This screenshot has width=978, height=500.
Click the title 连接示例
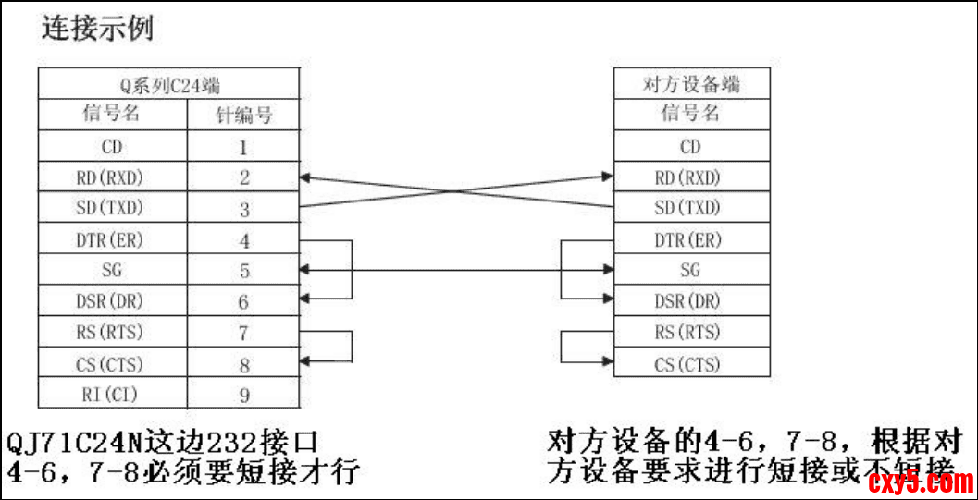pyautogui.click(x=97, y=28)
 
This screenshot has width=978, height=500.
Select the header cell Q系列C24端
pyautogui.click(x=168, y=85)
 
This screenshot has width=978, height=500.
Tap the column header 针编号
pyautogui.click(x=244, y=116)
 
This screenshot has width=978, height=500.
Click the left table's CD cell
pyautogui.click(x=112, y=146)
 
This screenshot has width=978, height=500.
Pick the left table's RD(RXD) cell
pyautogui.click(x=112, y=177)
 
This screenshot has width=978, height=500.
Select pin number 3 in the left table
pyautogui.click(x=244, y=209)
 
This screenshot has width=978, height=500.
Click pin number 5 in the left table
pyautogui.click(x=244, y=272)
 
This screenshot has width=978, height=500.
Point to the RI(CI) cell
pyautogui.click(x=112, y=396)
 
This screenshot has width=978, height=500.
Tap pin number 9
pyautogui.click(x=244, y=396)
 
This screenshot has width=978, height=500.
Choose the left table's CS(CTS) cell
pyautogui.click(x=112, y=364)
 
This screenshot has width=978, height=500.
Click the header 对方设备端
pyautogui.click(x=691, y=85)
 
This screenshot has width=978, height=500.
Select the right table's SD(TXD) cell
pyautogui.click(x=691, y=208)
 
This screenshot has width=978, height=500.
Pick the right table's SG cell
pyautogui.click(x=691, y=271)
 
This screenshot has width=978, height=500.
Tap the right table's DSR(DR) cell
pyautogui.click(x=691, y=301)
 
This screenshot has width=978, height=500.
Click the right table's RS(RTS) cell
pyautogui.click(x=691, y=333)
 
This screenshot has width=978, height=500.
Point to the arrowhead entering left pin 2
pyautogui.click(x=308, y=177)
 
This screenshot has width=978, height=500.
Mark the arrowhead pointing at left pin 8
pyautogui.click(x=308, y=362)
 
